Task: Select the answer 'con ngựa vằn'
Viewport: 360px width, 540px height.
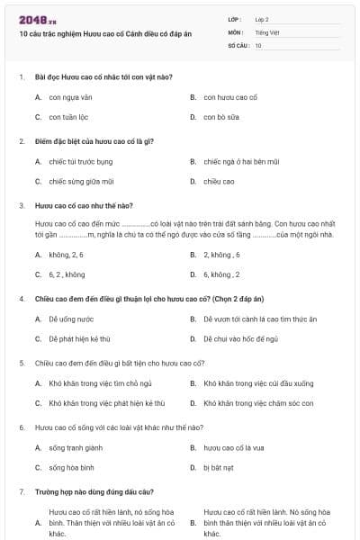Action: [x=71, y=96]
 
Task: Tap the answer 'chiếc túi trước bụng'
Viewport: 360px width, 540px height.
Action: [x=81, y=161]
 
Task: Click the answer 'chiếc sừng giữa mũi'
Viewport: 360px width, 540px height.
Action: [x=82, y=182]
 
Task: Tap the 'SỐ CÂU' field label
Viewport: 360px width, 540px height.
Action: [x=238, y=45]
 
